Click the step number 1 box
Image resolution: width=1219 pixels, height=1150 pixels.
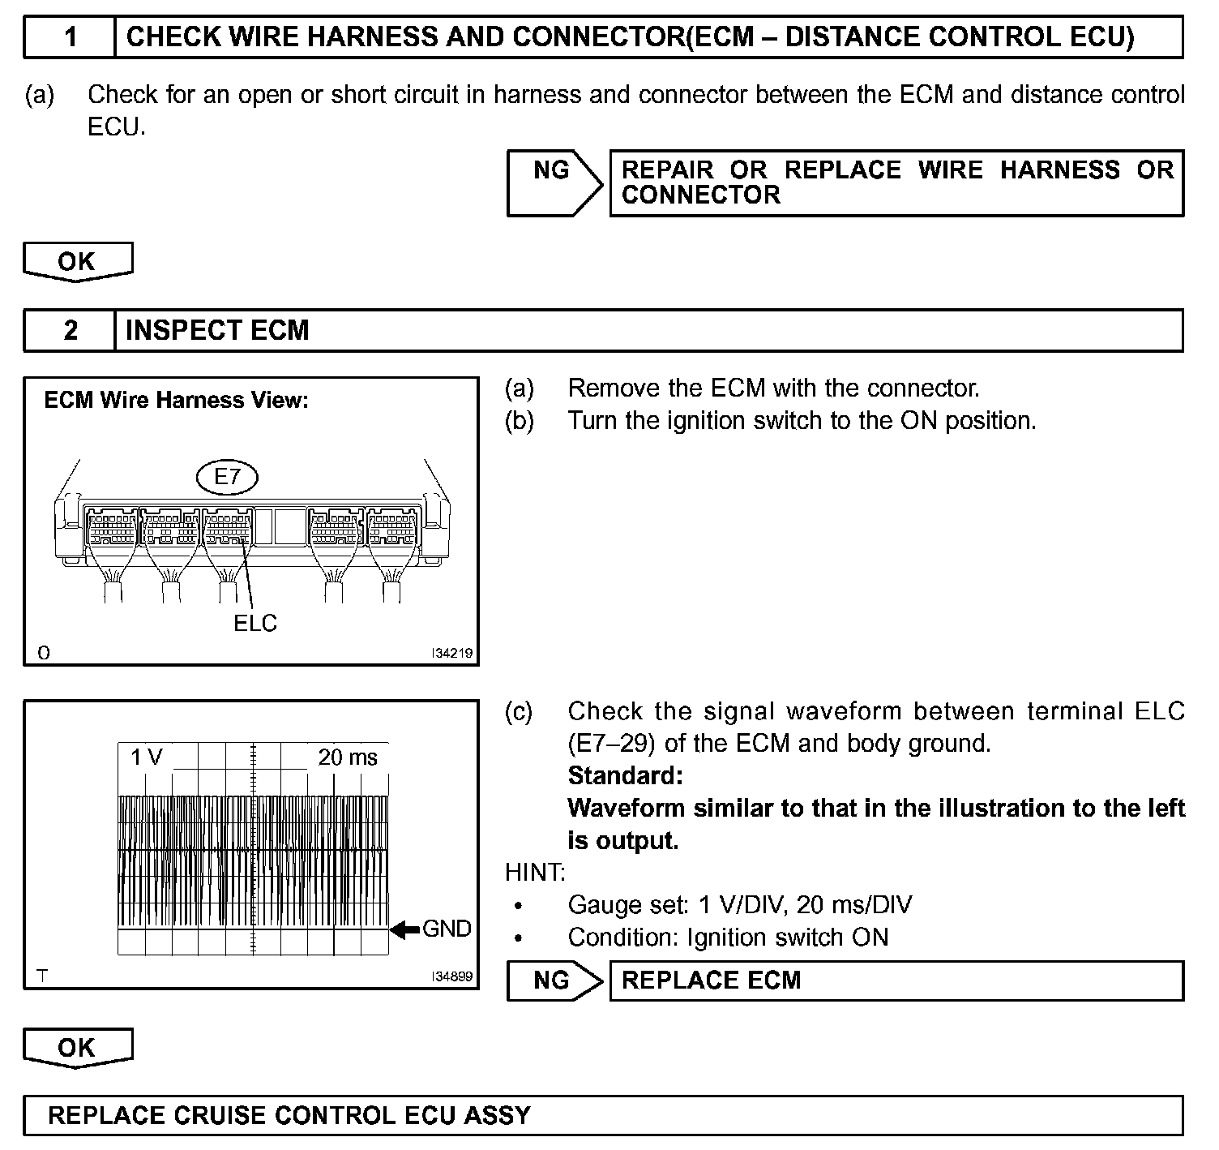71,37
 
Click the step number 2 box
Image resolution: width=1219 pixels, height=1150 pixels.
71,330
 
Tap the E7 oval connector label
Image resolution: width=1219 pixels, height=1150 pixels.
228,477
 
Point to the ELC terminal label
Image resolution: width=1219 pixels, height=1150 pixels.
255,623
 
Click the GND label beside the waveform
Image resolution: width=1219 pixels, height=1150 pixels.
447,929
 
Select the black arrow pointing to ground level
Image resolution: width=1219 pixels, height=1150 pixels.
404,929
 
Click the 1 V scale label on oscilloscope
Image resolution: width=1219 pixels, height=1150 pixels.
147,757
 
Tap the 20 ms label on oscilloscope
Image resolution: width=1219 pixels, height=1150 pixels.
348,757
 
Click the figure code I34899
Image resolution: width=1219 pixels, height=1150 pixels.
451,976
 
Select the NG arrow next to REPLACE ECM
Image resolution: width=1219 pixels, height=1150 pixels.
554,981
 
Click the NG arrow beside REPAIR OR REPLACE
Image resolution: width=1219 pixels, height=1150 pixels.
554,182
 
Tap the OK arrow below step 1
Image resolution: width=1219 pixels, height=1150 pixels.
77,262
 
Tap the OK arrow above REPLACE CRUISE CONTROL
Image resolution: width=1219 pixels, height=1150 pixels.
77,1048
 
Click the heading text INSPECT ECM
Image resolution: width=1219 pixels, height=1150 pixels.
217,330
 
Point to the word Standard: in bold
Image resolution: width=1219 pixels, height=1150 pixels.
625,776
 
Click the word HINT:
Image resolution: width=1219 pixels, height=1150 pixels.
535,873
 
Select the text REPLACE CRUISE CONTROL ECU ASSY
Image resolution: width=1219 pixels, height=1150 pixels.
289,1116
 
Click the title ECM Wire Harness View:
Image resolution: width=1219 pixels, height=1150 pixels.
176,400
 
